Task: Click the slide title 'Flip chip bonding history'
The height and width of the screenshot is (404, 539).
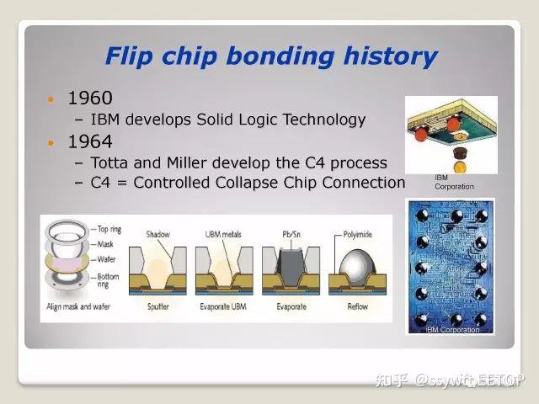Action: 270,56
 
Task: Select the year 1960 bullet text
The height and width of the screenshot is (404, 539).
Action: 89,98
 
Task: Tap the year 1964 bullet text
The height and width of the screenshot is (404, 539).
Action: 89,141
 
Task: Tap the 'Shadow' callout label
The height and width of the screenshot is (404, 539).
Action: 158,234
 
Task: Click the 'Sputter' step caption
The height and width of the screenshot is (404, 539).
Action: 158,307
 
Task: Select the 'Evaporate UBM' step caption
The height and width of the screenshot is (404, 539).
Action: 225,307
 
